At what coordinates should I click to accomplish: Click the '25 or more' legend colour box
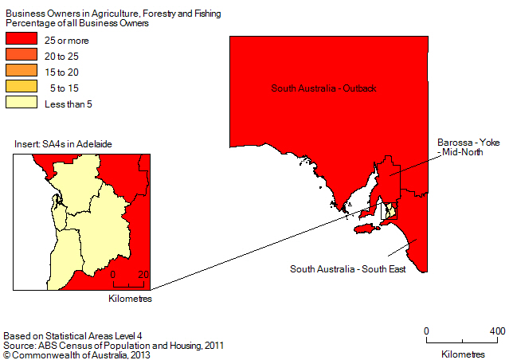(22, 40)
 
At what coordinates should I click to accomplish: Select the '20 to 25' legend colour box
(22, 56)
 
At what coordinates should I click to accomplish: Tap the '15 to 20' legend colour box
(22, 71)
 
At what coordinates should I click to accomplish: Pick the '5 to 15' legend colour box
(22, 87)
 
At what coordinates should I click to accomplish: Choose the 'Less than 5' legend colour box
(22, 103)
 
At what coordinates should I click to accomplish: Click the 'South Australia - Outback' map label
(323, 88)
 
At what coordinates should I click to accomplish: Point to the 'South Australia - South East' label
(348, 268)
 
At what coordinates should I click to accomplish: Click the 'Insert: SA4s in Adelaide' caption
(63, 143)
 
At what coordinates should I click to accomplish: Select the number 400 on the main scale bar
(496, 331)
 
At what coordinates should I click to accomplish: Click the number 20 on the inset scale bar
(143, 275)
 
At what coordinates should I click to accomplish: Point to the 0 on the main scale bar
(427, 331)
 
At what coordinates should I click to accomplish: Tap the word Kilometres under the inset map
(129, 299)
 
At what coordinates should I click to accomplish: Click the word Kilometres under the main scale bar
(461, 353)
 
